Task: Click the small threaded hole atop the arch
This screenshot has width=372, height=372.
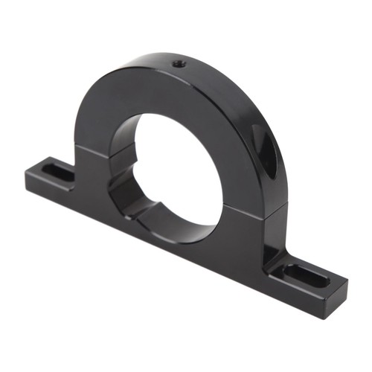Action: pos(179,64)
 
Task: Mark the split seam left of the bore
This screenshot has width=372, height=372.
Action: pos(93,150)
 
